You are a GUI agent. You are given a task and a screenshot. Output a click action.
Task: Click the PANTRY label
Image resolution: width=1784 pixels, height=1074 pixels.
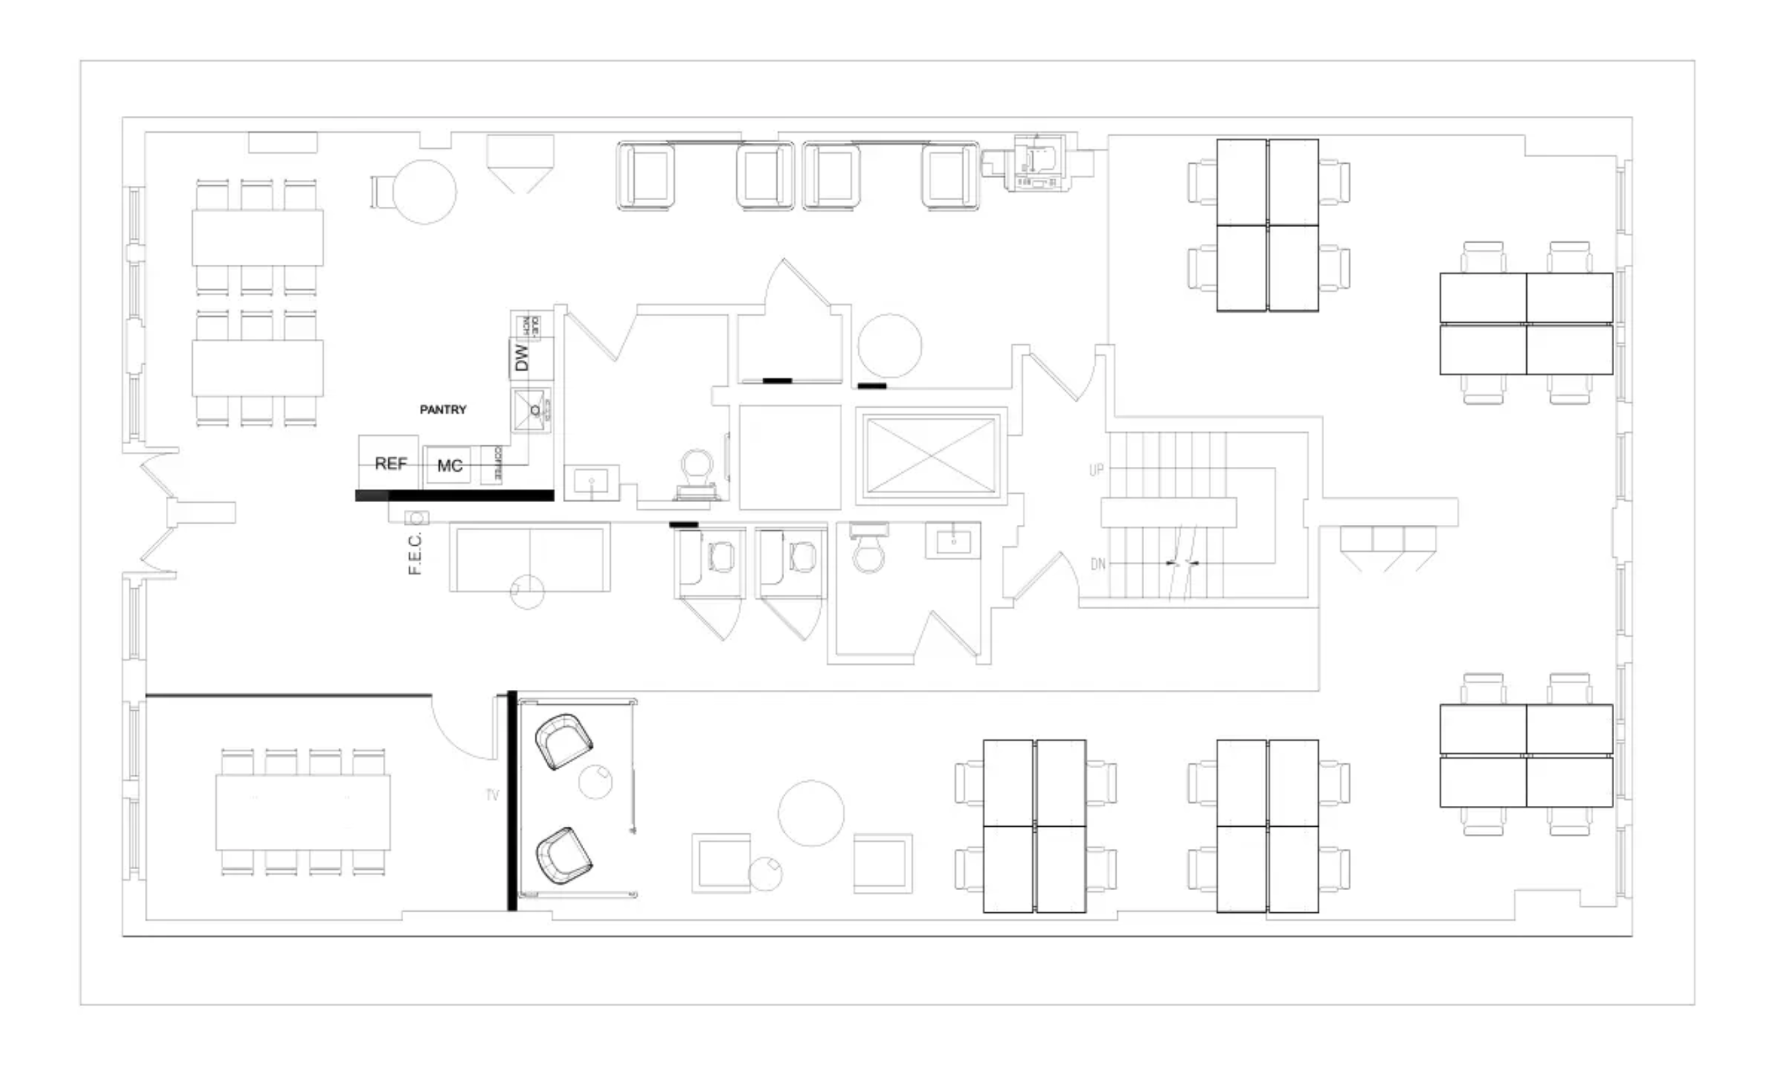tap(443, 410)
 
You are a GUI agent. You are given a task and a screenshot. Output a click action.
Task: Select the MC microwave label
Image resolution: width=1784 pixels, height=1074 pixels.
tap(450, 466)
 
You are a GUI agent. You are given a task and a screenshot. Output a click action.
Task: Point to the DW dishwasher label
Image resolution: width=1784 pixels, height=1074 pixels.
tap(521, 358)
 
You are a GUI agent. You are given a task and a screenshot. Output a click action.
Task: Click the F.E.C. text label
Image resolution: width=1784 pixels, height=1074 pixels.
tap(415, 554)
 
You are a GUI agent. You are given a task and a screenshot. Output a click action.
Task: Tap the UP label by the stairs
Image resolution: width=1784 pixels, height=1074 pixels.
tap(1096, 470)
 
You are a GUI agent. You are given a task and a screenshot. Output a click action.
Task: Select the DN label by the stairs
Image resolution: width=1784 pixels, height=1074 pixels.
tap(1098, 564)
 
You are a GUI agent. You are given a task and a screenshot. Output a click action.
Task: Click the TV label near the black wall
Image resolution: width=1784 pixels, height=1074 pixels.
tap(492, 795)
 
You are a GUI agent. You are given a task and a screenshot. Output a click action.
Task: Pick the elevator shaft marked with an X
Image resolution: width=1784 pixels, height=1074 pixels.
tap(931, 456)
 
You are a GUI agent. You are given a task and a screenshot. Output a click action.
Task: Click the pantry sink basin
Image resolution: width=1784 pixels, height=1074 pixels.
tap(531, 410)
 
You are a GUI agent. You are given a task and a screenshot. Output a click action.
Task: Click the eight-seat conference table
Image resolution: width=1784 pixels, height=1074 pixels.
tap(303, 812)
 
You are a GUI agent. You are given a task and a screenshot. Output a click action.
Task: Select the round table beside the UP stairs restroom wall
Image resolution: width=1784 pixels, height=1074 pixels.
tap(890, 346)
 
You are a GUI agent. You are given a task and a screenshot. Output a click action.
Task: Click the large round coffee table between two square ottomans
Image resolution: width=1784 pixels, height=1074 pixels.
tap(811, 813)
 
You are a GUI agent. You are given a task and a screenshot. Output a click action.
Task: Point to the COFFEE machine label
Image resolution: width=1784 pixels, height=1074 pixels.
tap(497, 464)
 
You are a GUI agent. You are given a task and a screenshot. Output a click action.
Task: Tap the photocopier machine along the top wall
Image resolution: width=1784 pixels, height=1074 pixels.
tap(1040, 164)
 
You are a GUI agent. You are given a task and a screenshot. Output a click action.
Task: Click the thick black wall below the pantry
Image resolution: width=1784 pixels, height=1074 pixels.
tap(454, 496)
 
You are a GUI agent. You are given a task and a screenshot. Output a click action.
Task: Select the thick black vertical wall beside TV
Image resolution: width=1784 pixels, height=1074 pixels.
tap(512, 800)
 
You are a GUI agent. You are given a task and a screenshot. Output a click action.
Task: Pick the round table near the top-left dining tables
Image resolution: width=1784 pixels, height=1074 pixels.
tap(424, 192)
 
